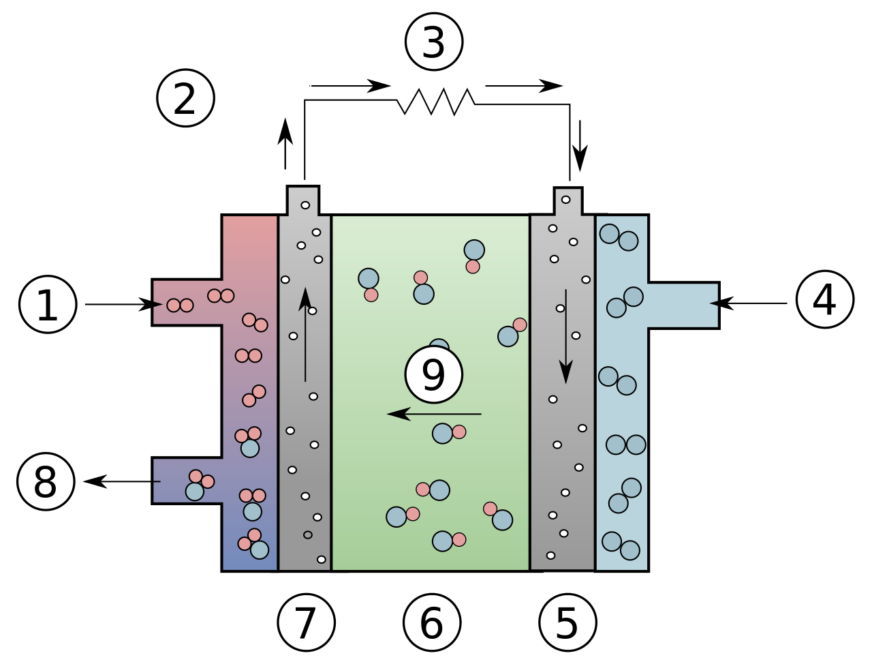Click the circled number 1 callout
(x=48, y=305)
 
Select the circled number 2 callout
(x=185, y=98)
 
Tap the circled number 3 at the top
(x=434, y=42)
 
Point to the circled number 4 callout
(x=824, y=299)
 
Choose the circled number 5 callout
(x=567, y=622)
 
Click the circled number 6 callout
(x=432, y=622)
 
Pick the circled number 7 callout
(x=306, y=622)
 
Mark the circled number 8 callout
(x=46, y=482)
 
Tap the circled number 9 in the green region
(x=433, y=374)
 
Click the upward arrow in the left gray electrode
(x=305, y=334)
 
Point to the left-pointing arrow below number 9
(x=434, y=414)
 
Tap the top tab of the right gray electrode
(x=568, y=202)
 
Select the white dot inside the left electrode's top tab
(x=305, y=205)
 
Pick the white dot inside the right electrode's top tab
(x=565, y=200)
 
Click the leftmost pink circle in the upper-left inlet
(x=174, y=305)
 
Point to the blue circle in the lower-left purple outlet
(x=195, y=492)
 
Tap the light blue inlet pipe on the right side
(x=681, y=305)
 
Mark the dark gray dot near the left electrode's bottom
(x=308, y=535)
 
